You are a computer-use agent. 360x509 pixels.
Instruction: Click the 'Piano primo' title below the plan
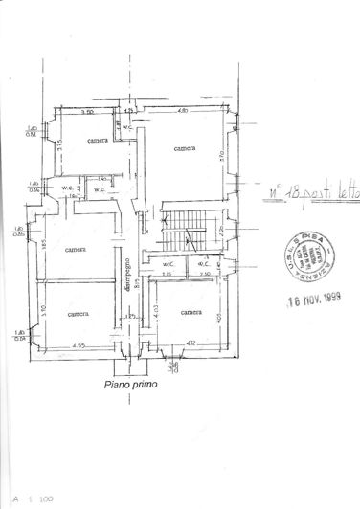(x=131, y=386)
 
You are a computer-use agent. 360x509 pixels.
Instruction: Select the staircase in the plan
(x=178, y=231)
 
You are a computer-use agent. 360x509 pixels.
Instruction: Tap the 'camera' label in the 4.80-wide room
(x=186, y=148)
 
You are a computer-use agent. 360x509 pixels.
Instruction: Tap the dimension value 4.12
(x=191, y=343)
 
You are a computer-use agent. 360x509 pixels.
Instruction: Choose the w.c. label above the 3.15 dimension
(x=167, y=264)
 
